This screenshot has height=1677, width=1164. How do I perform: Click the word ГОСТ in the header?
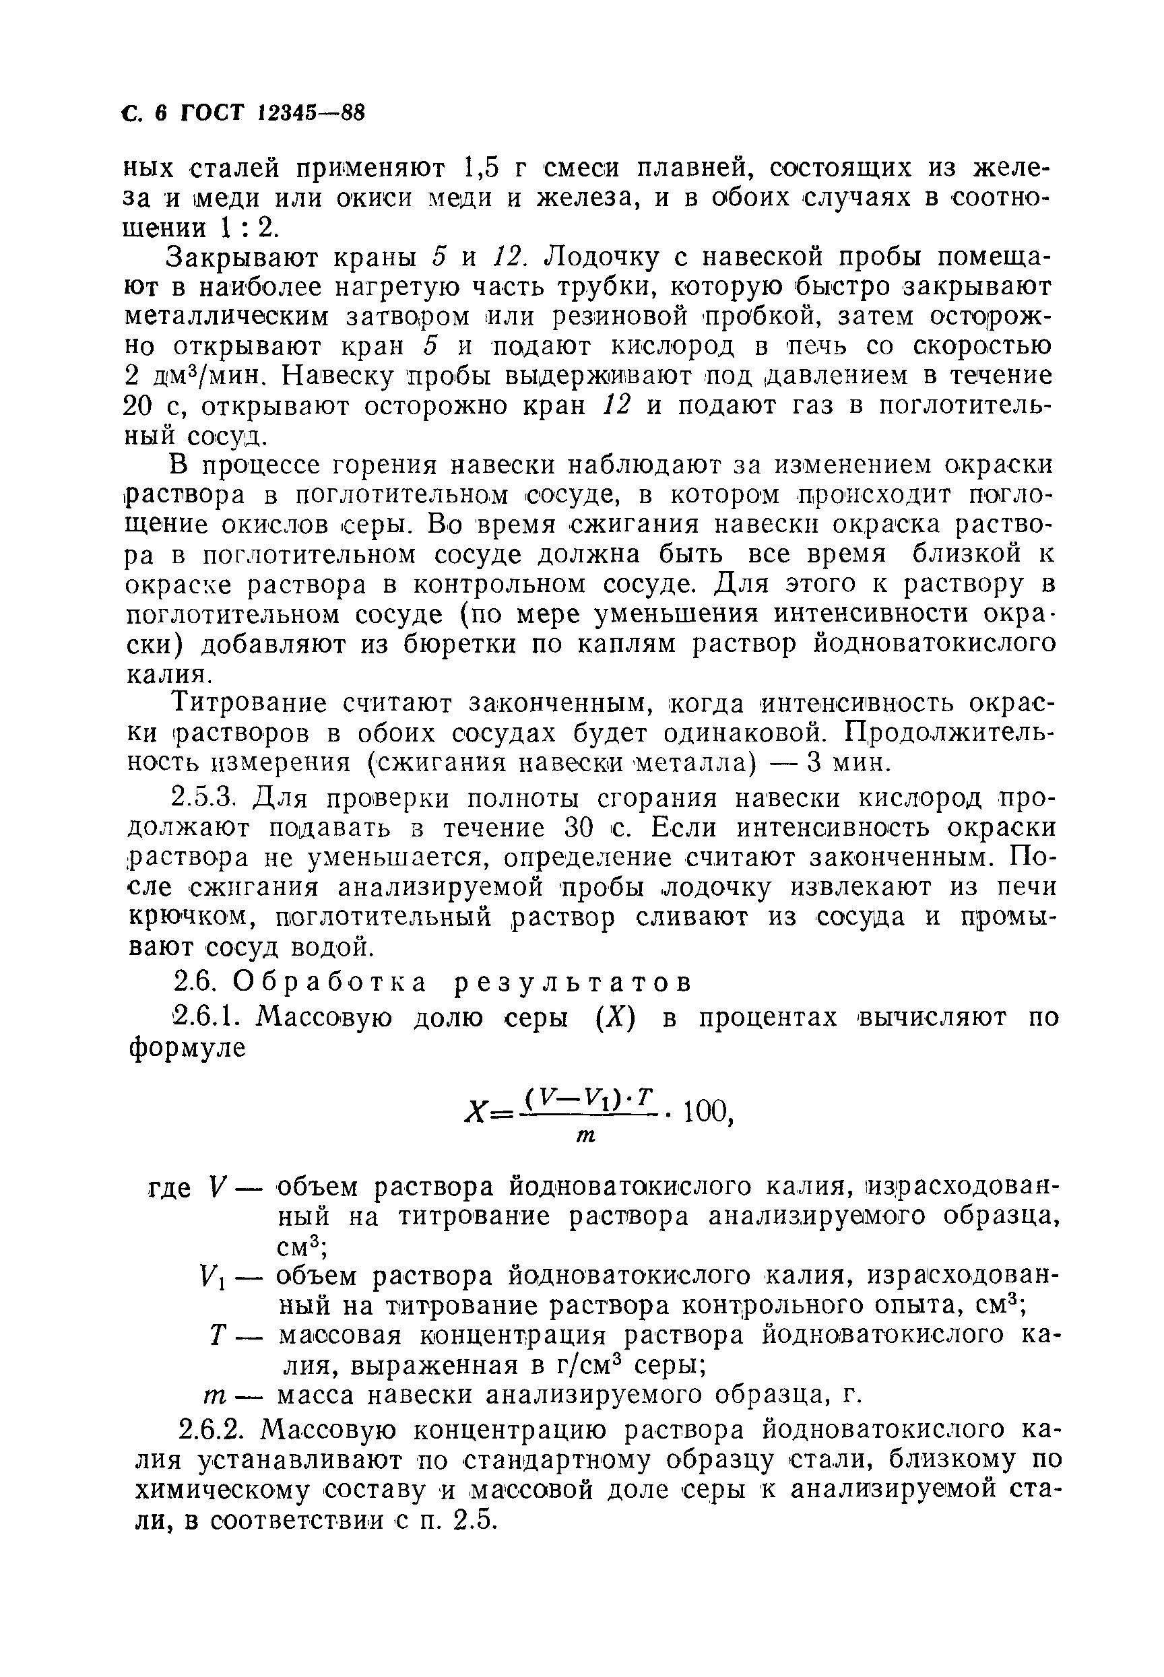[x=213, y=113]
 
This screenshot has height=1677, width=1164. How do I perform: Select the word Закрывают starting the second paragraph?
[x=247, y=258]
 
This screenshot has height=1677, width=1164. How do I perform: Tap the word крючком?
[x=194, y=917]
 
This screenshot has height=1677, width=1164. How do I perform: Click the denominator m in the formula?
[x=585, y=1137]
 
